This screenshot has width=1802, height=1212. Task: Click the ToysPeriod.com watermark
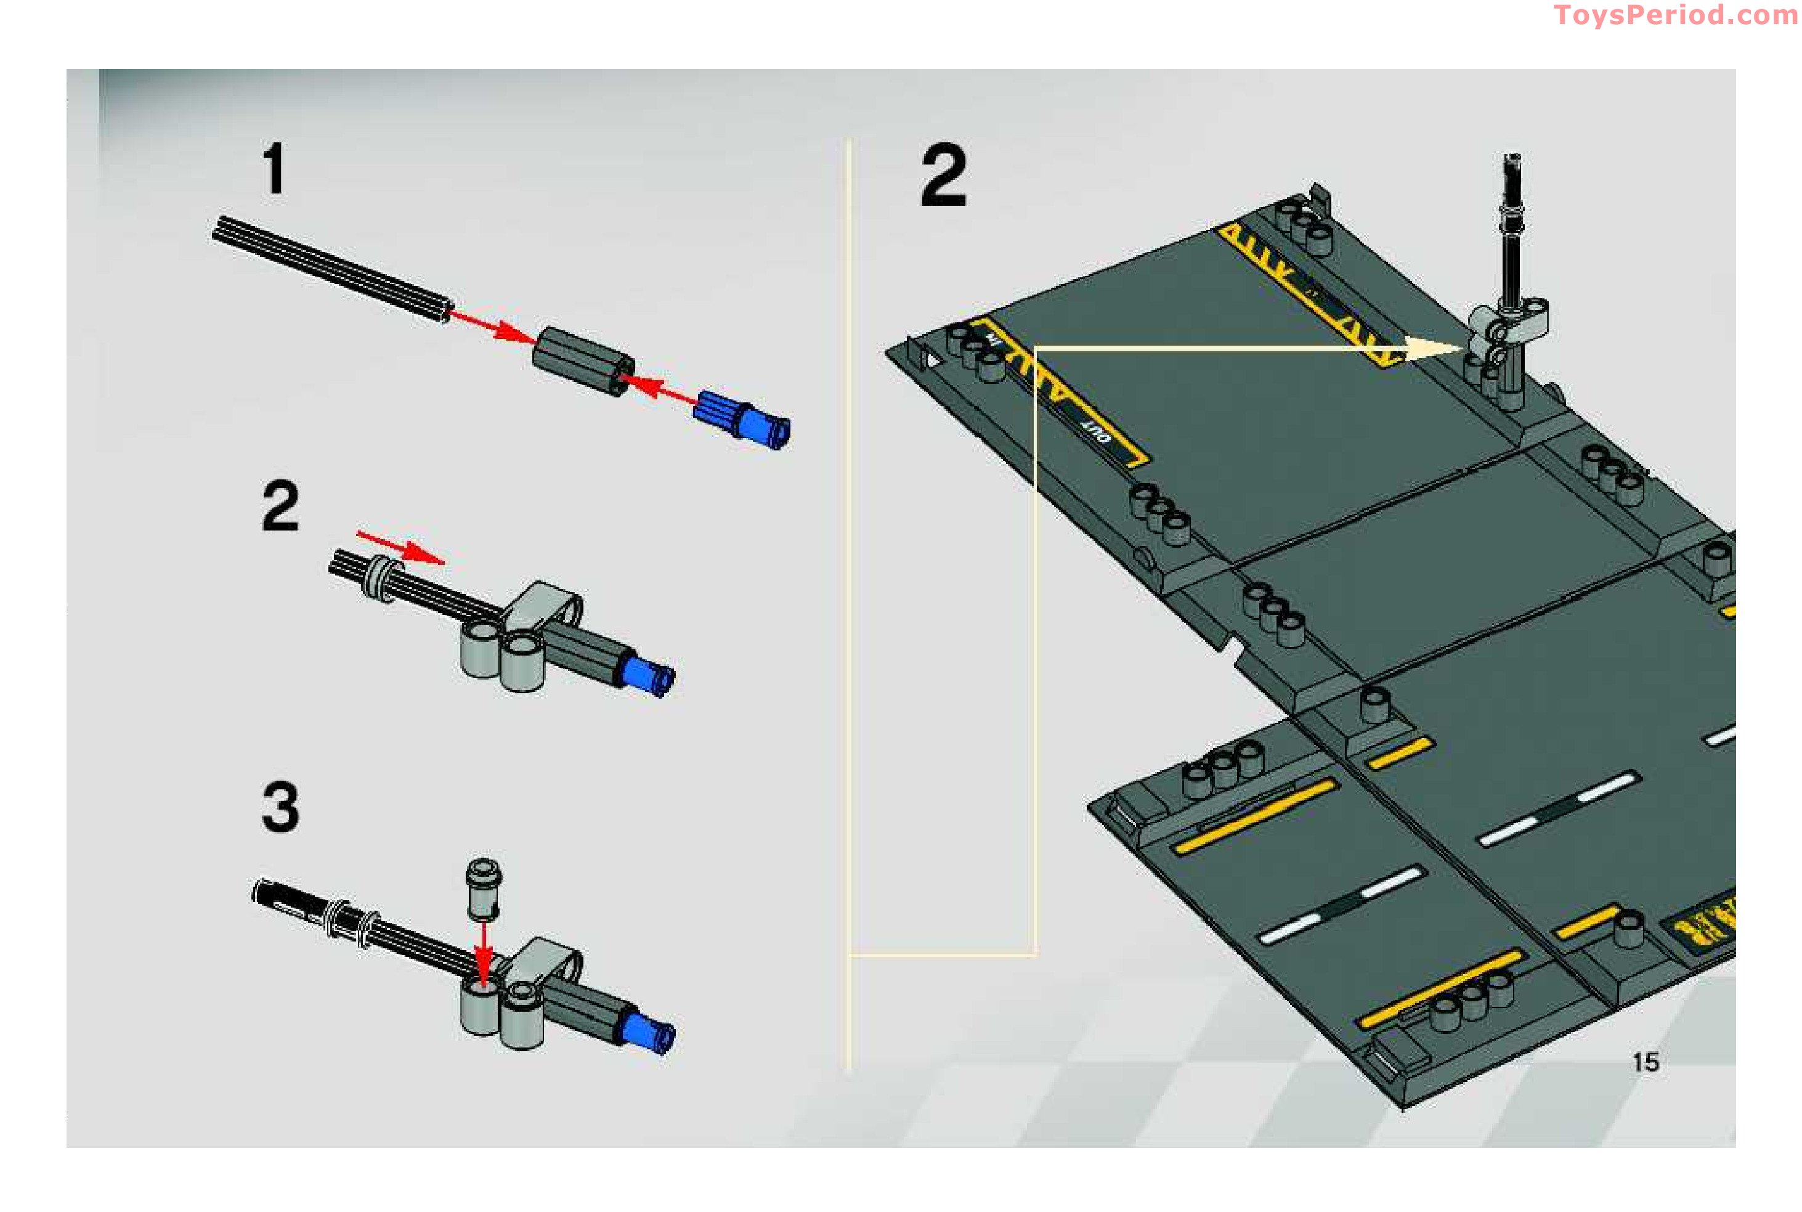(x=1675, y=15)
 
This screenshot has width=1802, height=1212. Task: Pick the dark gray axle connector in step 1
(x=583, y=360)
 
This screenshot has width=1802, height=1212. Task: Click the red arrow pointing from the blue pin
(x=660, y=386)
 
